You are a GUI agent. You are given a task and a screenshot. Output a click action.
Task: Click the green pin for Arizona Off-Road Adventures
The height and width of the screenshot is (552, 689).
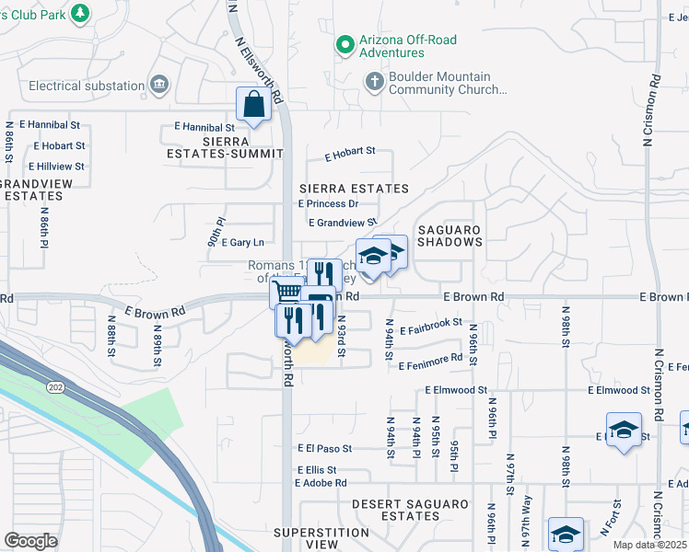345,44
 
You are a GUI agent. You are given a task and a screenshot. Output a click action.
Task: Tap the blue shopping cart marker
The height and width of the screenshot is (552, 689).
287,293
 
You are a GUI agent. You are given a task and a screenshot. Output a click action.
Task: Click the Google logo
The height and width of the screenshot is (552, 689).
30,541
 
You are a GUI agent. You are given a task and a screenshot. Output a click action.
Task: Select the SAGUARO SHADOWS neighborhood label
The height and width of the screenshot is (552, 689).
450,235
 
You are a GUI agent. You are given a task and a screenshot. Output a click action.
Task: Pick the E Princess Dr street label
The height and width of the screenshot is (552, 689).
329,204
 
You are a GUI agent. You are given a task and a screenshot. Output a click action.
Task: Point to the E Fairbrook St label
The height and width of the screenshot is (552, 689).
430,323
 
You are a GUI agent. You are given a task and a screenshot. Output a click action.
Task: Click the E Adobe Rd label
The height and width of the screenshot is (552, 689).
321,482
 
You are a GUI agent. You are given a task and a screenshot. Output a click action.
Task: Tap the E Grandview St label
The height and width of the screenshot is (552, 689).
343,223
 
